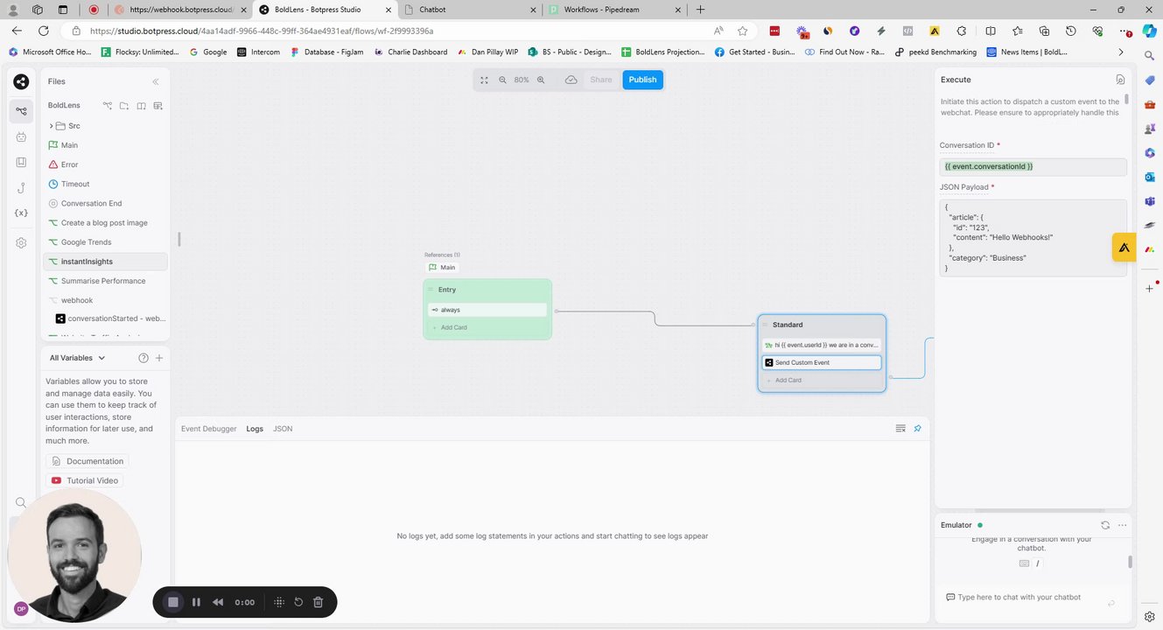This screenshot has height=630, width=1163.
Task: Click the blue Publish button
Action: point(642,80)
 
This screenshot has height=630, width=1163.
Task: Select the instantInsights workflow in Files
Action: point(87,262)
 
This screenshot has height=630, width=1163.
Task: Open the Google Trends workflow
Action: point(86,242)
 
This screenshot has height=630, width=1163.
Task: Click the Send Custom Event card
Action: point(821,362)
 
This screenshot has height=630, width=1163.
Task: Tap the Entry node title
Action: point(447,290)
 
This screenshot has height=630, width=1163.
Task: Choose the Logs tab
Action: point(255,429)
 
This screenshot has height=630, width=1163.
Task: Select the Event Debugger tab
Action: point(208,429)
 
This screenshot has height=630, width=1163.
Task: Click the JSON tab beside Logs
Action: point(283,429)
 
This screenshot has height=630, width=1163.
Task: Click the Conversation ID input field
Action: point(1032,166)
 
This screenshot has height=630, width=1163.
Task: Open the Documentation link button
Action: point(88,461)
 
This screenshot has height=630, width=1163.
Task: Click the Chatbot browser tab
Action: point(468,10)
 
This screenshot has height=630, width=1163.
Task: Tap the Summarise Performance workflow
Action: point(102,281)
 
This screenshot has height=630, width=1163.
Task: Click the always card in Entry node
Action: point(487,310)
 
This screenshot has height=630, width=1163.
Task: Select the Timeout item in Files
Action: point(75,184)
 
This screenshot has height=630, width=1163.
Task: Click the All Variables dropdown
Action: point(77,358)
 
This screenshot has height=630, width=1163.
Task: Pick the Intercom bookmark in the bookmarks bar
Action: point(259,52)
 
